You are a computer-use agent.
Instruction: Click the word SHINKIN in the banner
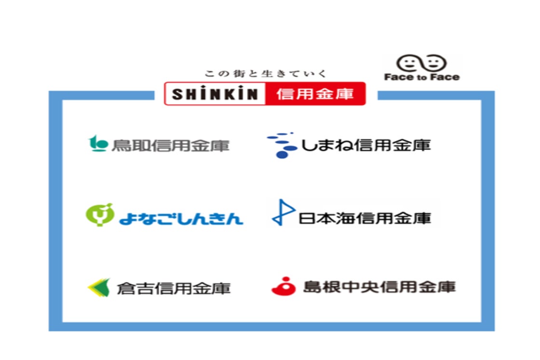(215, 94)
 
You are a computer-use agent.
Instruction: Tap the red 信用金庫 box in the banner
(315, 94)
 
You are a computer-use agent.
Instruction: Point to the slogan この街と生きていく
(265, 73)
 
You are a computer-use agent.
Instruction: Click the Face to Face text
(422, 77)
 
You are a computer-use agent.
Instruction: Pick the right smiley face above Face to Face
(434, 63)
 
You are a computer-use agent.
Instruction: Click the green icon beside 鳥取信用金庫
(98, 143)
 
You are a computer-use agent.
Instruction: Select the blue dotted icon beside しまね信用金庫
(282, 145)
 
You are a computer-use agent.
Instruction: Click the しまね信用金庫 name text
(366, 145)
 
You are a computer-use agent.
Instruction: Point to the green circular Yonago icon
(99, 214)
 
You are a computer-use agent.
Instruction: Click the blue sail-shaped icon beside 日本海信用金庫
(283, 212)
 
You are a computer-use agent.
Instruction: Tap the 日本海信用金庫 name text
(364, 218)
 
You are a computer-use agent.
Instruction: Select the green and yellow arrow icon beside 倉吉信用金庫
(99, 288)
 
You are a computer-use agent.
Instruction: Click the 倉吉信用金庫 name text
(174, 289)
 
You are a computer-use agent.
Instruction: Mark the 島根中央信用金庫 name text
(379, 287)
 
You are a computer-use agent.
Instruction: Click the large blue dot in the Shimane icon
(282, 155)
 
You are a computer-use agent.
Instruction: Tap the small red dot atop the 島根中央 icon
(285, 279)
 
